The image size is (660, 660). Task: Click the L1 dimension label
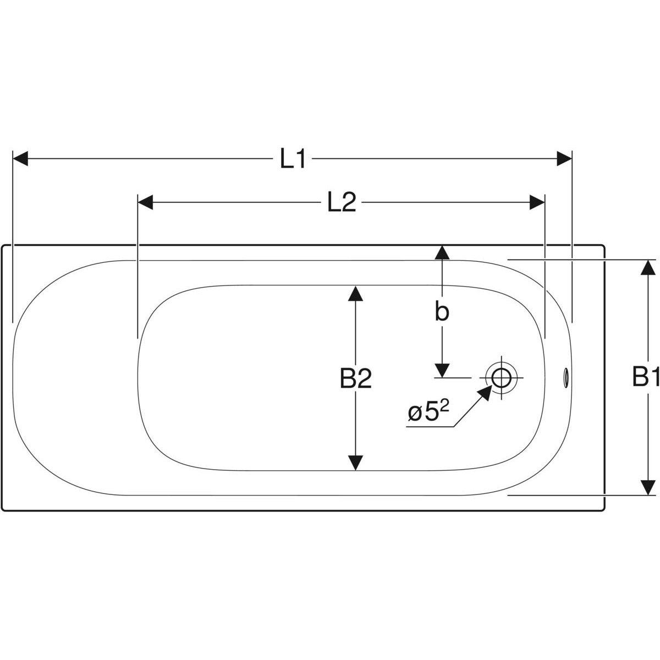click(x=293, y=159)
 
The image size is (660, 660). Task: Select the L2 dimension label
click(x=342, y=203)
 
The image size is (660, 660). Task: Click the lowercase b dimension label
click(x=442, y=312)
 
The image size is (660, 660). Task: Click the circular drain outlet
click(x=501, y=378)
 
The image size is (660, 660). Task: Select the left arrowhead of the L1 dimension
click(x=20, y=159)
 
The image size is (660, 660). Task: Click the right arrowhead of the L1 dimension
click(x=564, y=159)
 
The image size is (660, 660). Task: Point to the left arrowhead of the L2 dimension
click(x=145, y=202)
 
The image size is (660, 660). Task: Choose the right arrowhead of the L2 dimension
click(x=537, y=202)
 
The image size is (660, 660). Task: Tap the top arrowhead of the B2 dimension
click(x=356, y=294)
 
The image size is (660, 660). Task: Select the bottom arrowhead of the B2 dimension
click(x=356, y=463)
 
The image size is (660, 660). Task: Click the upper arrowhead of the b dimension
click(x=442, y=253)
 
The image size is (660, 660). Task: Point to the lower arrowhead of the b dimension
click(x=442, y=370)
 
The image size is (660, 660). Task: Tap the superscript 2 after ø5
click(x=444, y=406)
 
